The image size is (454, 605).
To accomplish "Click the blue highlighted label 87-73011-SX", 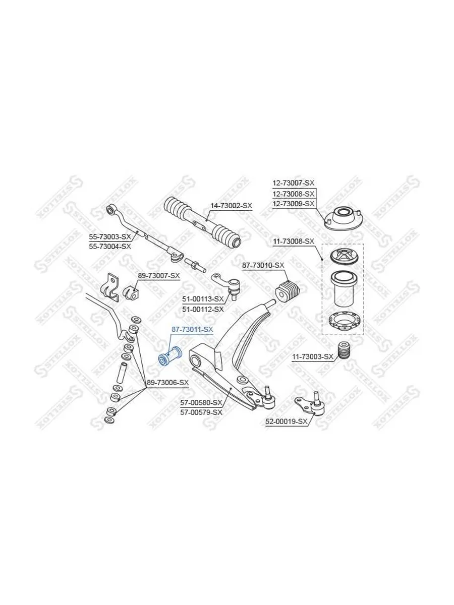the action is point(192,329).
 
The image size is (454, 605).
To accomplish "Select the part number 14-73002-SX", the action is point(231,206).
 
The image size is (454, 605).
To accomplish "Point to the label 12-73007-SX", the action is point(294,183).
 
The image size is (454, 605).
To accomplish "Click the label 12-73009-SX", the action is point(294,204).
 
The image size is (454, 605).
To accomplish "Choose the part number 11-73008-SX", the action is point(294,241).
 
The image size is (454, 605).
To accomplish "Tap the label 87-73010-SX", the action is point(263,265).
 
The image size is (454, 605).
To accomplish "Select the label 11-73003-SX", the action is point(313,356).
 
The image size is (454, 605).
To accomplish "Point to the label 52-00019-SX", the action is point(286,421).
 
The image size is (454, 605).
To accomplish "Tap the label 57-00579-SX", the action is point(201,412).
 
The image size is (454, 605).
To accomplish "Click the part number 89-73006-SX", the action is point(168,382).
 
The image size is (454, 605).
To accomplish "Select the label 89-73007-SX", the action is point(159,275).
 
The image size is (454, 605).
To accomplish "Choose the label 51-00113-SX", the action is point(203,299).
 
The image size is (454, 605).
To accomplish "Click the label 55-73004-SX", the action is point(109,246).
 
